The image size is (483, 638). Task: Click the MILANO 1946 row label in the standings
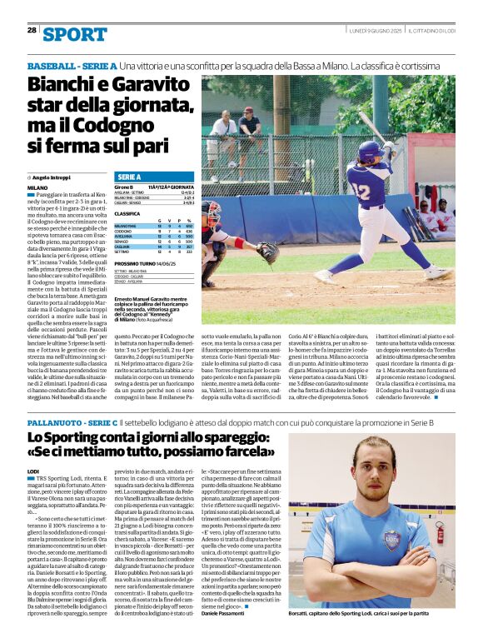pos(126,226)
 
